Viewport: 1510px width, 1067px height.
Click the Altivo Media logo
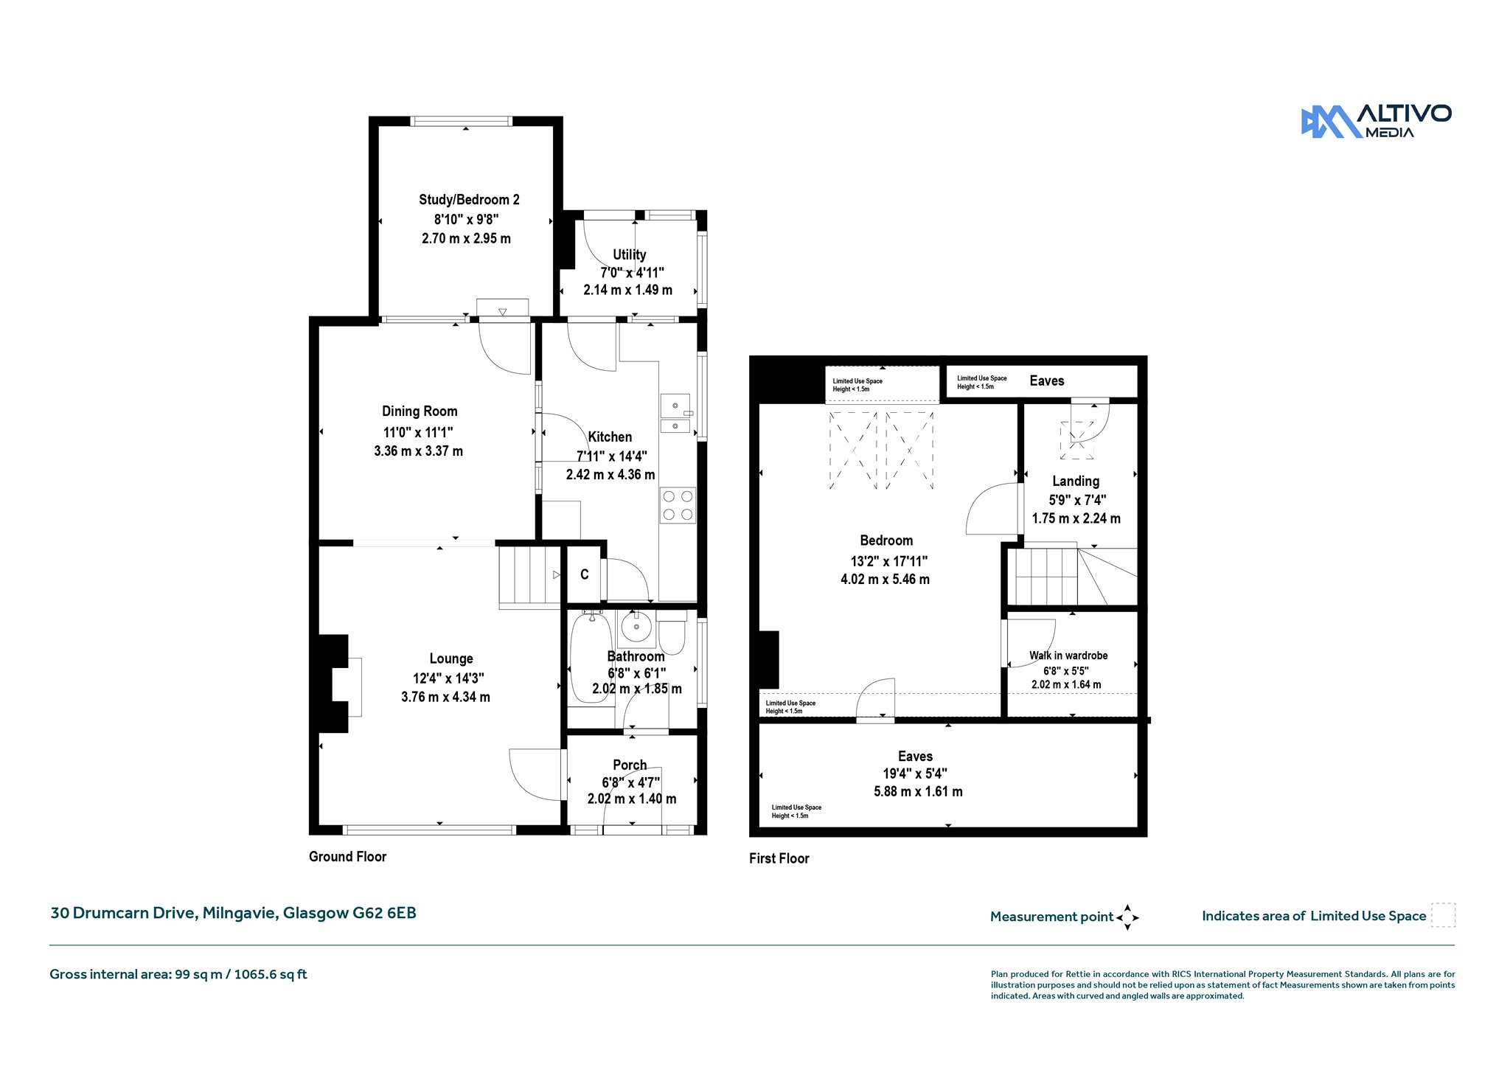point(1376,122)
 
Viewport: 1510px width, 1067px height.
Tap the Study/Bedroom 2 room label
point(469,200)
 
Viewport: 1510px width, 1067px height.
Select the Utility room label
point(629,254)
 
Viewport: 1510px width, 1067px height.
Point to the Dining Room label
point(420,411)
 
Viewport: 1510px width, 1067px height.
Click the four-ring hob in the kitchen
point(678,506)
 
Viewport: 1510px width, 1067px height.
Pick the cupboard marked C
point(584,574)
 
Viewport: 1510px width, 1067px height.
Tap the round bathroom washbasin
point(636,628)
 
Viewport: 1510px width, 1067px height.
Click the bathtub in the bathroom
point(591,657)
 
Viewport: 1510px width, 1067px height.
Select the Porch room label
point(630,765)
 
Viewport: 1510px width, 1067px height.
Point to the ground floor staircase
point(529,576)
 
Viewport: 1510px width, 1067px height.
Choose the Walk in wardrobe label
point(1068,656)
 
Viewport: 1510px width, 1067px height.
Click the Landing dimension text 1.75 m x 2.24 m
point(1076,519)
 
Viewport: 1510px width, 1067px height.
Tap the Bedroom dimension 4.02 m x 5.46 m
point(885,580)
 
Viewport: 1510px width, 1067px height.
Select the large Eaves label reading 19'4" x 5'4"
point(916,774)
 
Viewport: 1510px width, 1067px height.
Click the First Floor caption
point(779,858)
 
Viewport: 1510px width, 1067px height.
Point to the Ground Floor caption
point(347,857)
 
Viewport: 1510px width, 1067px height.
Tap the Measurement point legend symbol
point(1127,917)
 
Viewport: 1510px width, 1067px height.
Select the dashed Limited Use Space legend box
point(1443,915)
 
